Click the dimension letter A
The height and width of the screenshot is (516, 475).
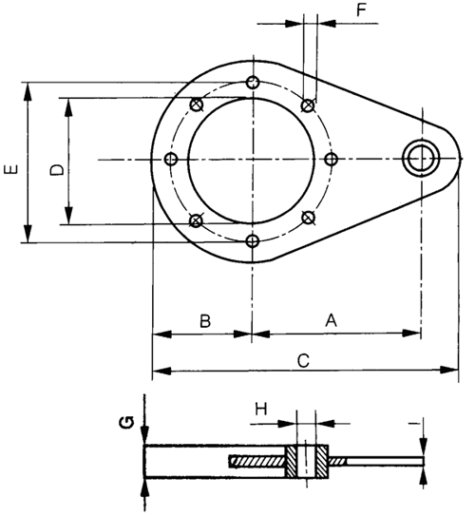[332, 320]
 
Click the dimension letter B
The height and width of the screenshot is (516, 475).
[204, 320]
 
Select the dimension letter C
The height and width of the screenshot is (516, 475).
[303, 360]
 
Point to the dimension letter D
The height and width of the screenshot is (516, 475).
[56, 169]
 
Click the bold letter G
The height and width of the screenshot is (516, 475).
[124, 423]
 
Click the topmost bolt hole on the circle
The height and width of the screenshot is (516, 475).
[252, 83]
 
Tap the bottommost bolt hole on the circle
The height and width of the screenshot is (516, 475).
[252, 239]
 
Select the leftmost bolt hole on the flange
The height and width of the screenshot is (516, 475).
[172, 159]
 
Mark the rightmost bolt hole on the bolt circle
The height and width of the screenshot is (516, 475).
[331, 159]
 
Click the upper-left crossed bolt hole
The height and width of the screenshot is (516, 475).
[197, 105]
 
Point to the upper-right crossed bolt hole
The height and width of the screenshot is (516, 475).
[307, 105]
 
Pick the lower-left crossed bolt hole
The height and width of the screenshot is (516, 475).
[197, 220]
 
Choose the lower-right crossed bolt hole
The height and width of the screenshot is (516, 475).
[307, 218]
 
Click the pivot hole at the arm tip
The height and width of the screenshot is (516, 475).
[419, 159]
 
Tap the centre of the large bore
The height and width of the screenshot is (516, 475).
[252, 159]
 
